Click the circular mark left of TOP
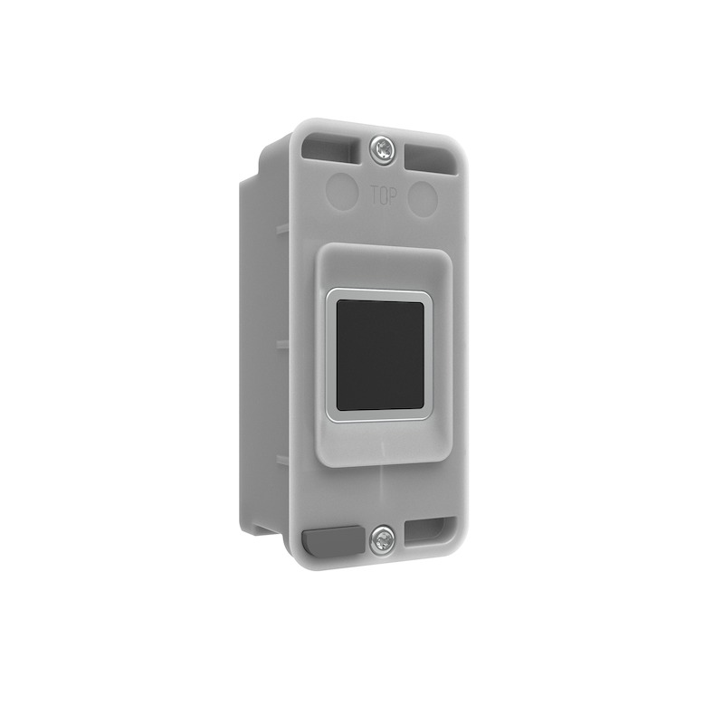click(340, 190)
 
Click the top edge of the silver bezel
click(376, 293)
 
